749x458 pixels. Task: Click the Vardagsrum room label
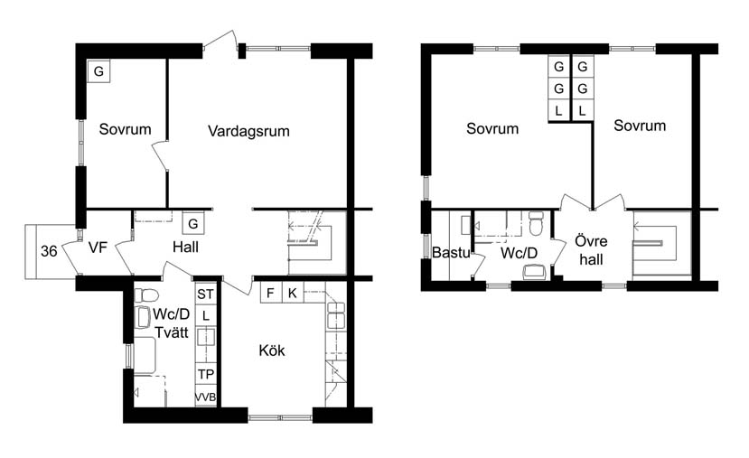click(x=248, y=131)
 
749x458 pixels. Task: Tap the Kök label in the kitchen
click(x=272, y=351)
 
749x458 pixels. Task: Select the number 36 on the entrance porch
click(x=50, y=252)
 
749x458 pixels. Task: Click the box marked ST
click(x=206, y=294)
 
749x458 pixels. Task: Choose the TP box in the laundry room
click(x=206, y=374)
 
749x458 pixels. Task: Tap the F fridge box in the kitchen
click(x=270, y=293)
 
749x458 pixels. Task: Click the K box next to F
click(x=292, y=293)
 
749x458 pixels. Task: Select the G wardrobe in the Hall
click(x=192, y=222)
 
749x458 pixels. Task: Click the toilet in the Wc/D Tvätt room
click(x=147, y=294)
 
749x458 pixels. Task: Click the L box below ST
click(x=206, y=315)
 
